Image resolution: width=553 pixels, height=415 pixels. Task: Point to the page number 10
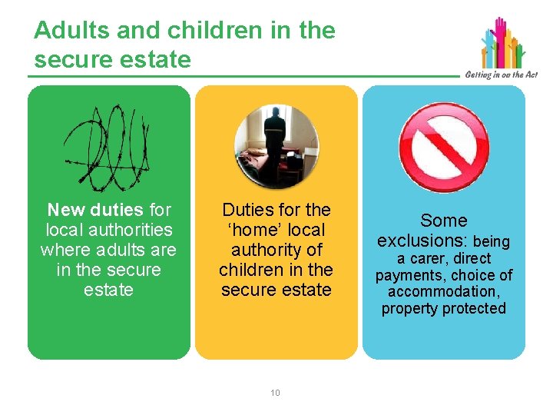pos(276,393)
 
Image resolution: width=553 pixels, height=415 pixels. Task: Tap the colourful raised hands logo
pos(503,42)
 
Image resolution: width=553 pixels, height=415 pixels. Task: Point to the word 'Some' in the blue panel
pos(444,221)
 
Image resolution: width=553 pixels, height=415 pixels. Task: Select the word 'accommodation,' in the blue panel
pos(444,292)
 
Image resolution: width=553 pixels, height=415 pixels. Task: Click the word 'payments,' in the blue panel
pos(407,275)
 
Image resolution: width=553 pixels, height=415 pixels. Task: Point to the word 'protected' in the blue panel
pos(474,309)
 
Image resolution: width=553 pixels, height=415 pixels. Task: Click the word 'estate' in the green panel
pos(108,290)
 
